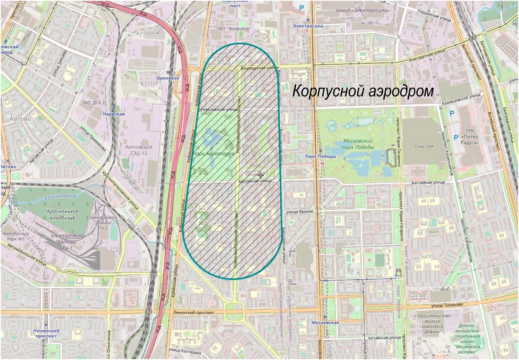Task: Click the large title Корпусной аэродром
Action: pyautogui.click(x=363, y=92)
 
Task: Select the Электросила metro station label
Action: pyautogui.click(x=308, y=26)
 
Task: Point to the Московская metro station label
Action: pyautogui.click(x=325, y=322)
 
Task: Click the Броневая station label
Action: pyautogui.click(x=169, y=78)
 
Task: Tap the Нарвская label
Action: pyautogui.click(x=114, y=114)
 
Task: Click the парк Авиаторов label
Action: pyautogui.click(x=214, y=153)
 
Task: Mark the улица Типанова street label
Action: pyautogui.click(x=445, y=305)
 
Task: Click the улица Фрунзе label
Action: pyautogui.click(x=299, y=211)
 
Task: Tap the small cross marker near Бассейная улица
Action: pyautogui.click(x=260, y=175)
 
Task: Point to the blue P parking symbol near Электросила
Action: pyautogui.click(x=301, y=7)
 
